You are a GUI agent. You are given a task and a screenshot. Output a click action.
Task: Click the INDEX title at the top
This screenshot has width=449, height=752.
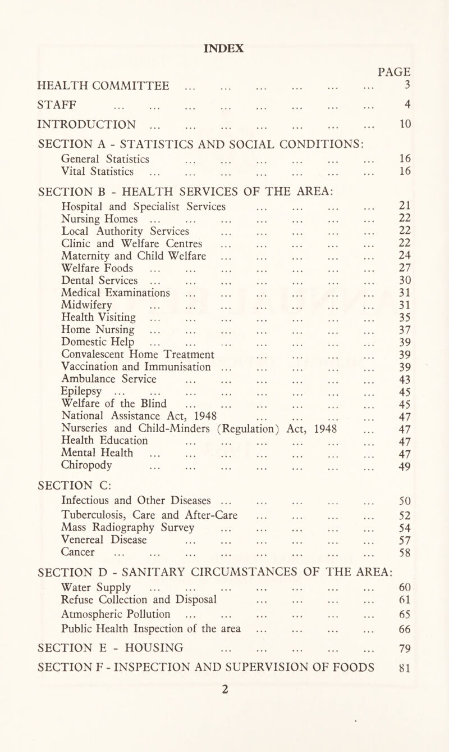pos(224,48)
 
